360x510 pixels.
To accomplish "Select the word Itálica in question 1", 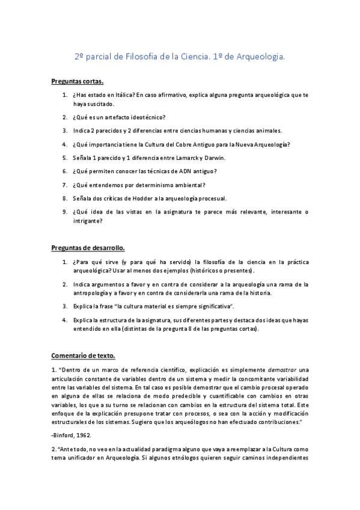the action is point(122,96).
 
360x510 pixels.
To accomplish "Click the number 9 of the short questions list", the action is point(64,212).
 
